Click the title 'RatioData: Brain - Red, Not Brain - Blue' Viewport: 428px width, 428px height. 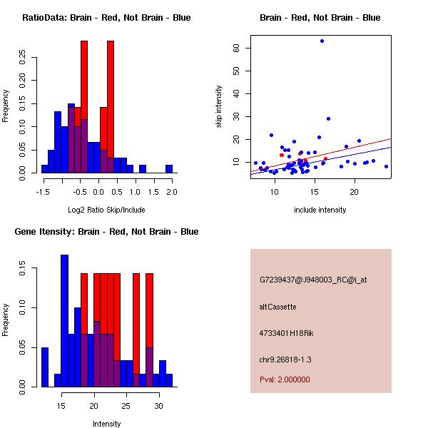[106, 18]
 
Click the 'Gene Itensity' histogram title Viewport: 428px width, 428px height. [106, 232]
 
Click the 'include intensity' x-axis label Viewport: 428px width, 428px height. [320, 210]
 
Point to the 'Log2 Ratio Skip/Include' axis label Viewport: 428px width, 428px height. [106, 210]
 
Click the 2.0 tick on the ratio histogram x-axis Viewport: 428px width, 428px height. [170, 191]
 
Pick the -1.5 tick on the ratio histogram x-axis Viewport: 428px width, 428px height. [43, 191]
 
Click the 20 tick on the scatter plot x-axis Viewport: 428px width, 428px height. [354, 191]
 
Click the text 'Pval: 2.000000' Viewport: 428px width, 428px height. [285, 379]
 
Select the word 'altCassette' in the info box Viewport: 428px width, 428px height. [277, 307]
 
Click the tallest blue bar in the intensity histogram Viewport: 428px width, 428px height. [64, 321]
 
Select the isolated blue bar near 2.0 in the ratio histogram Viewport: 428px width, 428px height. [169, 169]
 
